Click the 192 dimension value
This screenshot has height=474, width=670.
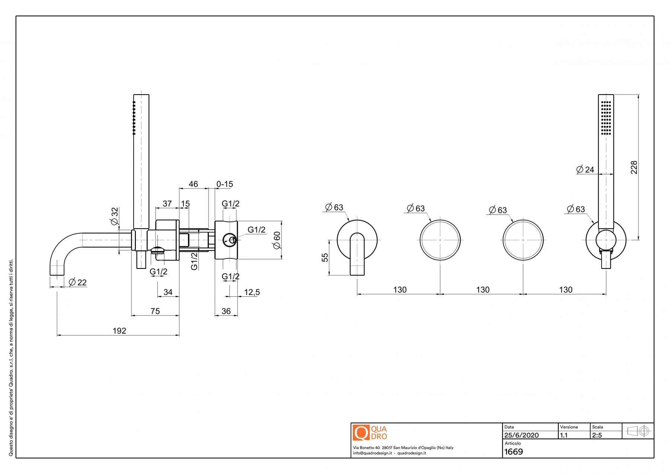click(119, 331)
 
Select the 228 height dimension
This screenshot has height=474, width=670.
click(634, 167)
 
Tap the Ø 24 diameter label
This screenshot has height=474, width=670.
click(585, 170)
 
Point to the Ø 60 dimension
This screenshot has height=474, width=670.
click(277, 240)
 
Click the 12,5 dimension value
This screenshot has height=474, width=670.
click(252, 292)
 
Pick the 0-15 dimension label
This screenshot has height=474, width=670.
click(225, 184)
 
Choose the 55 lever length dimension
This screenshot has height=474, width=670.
click(325, 257)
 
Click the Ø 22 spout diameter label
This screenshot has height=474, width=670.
click(78, 282)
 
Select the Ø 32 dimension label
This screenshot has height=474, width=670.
click(115, 216)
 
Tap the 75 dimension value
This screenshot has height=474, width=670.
click(155, 311)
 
